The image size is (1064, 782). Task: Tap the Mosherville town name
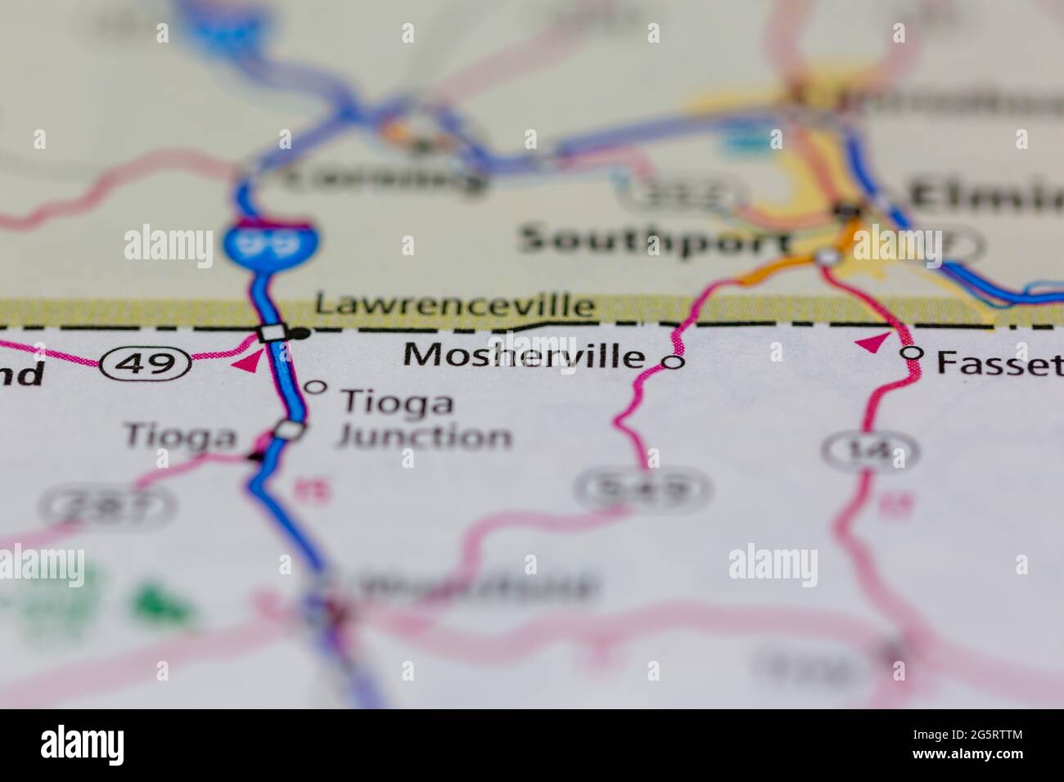(524, 356)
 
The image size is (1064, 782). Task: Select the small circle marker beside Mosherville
(673, 362)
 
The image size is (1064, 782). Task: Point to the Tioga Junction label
(424, 419)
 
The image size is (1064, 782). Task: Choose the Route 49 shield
(146, 362)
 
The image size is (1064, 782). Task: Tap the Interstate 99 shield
(271, 242)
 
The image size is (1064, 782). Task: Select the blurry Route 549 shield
(642, 488)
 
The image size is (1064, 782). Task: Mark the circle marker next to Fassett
(911, 353)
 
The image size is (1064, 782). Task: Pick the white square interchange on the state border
(272, 333)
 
